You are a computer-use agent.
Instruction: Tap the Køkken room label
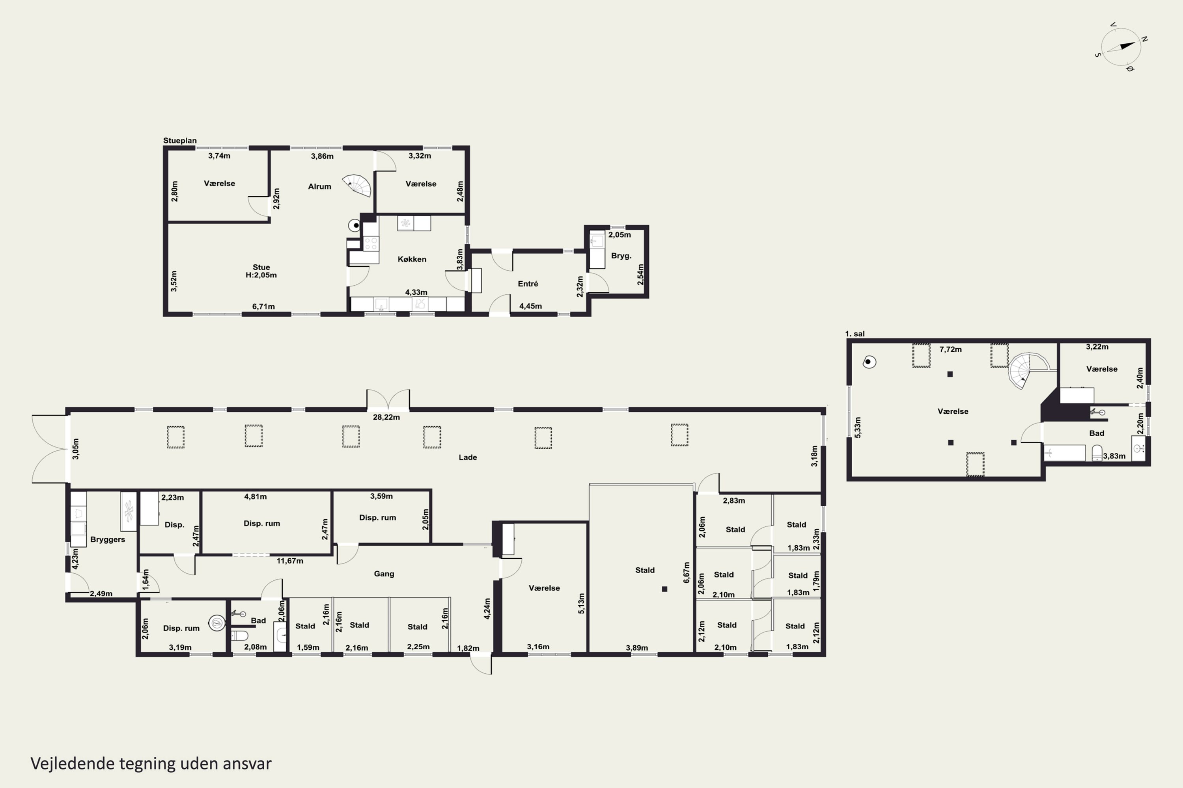[x=412, y=259]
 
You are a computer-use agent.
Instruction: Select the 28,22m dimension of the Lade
[x=386, y=417]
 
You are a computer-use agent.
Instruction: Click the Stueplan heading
[x=179, y=141]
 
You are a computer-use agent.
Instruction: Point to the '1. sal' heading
[x=855, y=334]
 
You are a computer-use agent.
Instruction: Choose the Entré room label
[x=528, y=284]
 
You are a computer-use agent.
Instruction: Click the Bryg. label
[x=621, y=256]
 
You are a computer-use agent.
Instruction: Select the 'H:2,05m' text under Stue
[x=261, y=275]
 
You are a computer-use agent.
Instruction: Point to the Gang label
[x=384, y=574]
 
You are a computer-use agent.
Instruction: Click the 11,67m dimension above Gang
[x=290, y=561]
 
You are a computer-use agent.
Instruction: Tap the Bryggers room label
[x=108, y=540]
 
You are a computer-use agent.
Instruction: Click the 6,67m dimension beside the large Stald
[x=687, y=572]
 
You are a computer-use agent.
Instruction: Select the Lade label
[x=468, y=457]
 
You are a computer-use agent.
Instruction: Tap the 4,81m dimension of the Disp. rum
[x=256, y=496]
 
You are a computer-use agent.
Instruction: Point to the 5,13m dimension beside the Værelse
[x=581, y=603]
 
